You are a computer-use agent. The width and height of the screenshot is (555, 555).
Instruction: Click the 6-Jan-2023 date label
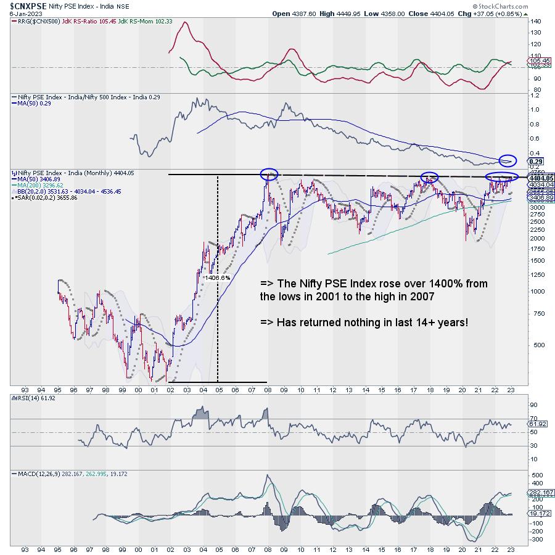17,14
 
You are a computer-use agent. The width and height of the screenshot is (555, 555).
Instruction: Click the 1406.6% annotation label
216,277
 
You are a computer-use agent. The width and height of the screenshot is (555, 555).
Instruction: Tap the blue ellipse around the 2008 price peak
269,175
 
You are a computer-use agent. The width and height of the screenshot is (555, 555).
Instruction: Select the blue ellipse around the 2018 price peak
430,178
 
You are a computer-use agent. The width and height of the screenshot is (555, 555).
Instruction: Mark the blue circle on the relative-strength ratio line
508,161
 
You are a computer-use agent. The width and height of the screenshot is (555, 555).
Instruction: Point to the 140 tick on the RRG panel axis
536,22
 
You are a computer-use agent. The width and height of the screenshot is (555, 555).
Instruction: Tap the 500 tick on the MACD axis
536,476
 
